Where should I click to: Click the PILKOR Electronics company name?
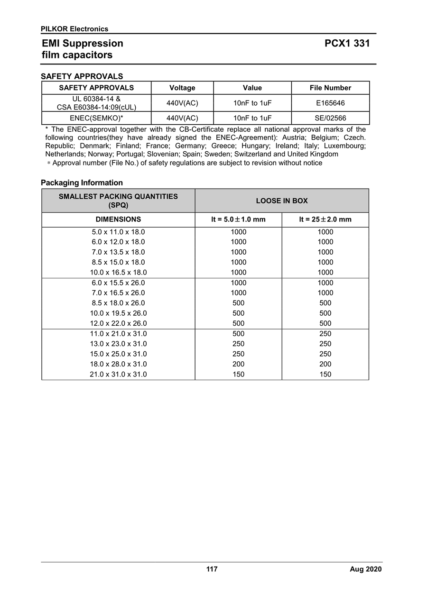click(x=74, y=29)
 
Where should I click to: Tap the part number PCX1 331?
click(x=347, y=44)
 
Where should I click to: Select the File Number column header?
click(x=330, y=88)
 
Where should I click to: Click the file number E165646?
click(x=330, y=103)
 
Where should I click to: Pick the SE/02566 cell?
click(x=330, y=118)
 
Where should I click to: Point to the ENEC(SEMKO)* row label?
click(x=96, y=118)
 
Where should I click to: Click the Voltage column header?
click(x=182, y=88)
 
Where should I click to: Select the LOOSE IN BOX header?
click(x=282, y=201)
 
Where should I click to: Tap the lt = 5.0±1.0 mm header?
click(x=238, y=220)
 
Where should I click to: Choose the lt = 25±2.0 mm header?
click(x=325, y=220)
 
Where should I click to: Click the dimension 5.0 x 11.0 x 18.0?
click(x=118, y=232)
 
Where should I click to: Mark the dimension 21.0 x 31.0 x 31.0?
click(x=118, y=374)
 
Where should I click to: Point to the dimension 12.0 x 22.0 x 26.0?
click(x=118, y=323)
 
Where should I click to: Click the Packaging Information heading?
click(x=82, y=183)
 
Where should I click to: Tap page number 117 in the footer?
click(x=212, y=569)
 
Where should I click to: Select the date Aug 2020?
click(x=365, y=569)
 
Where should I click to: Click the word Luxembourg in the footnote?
click(x=344, y=146)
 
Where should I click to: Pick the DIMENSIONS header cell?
click(x=118, y=220)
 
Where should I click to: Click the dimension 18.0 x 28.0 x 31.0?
click(x=118, y=364)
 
